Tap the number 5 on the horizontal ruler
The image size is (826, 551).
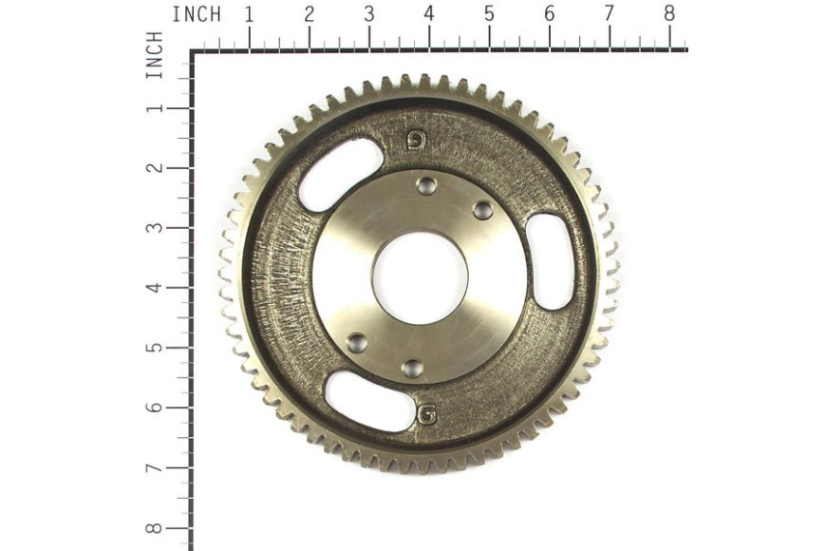tap(489, 14)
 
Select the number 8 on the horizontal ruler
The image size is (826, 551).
tap(669, 14)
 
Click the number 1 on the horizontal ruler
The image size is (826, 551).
tap(249, 14)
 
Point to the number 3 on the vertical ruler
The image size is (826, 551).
tap(154, 228)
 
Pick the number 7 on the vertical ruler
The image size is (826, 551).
tap(154, 467)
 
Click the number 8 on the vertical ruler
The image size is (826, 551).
tap(154, 528)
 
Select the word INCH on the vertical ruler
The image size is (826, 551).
tap(154, 55)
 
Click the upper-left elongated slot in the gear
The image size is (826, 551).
tap(340, 175)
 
